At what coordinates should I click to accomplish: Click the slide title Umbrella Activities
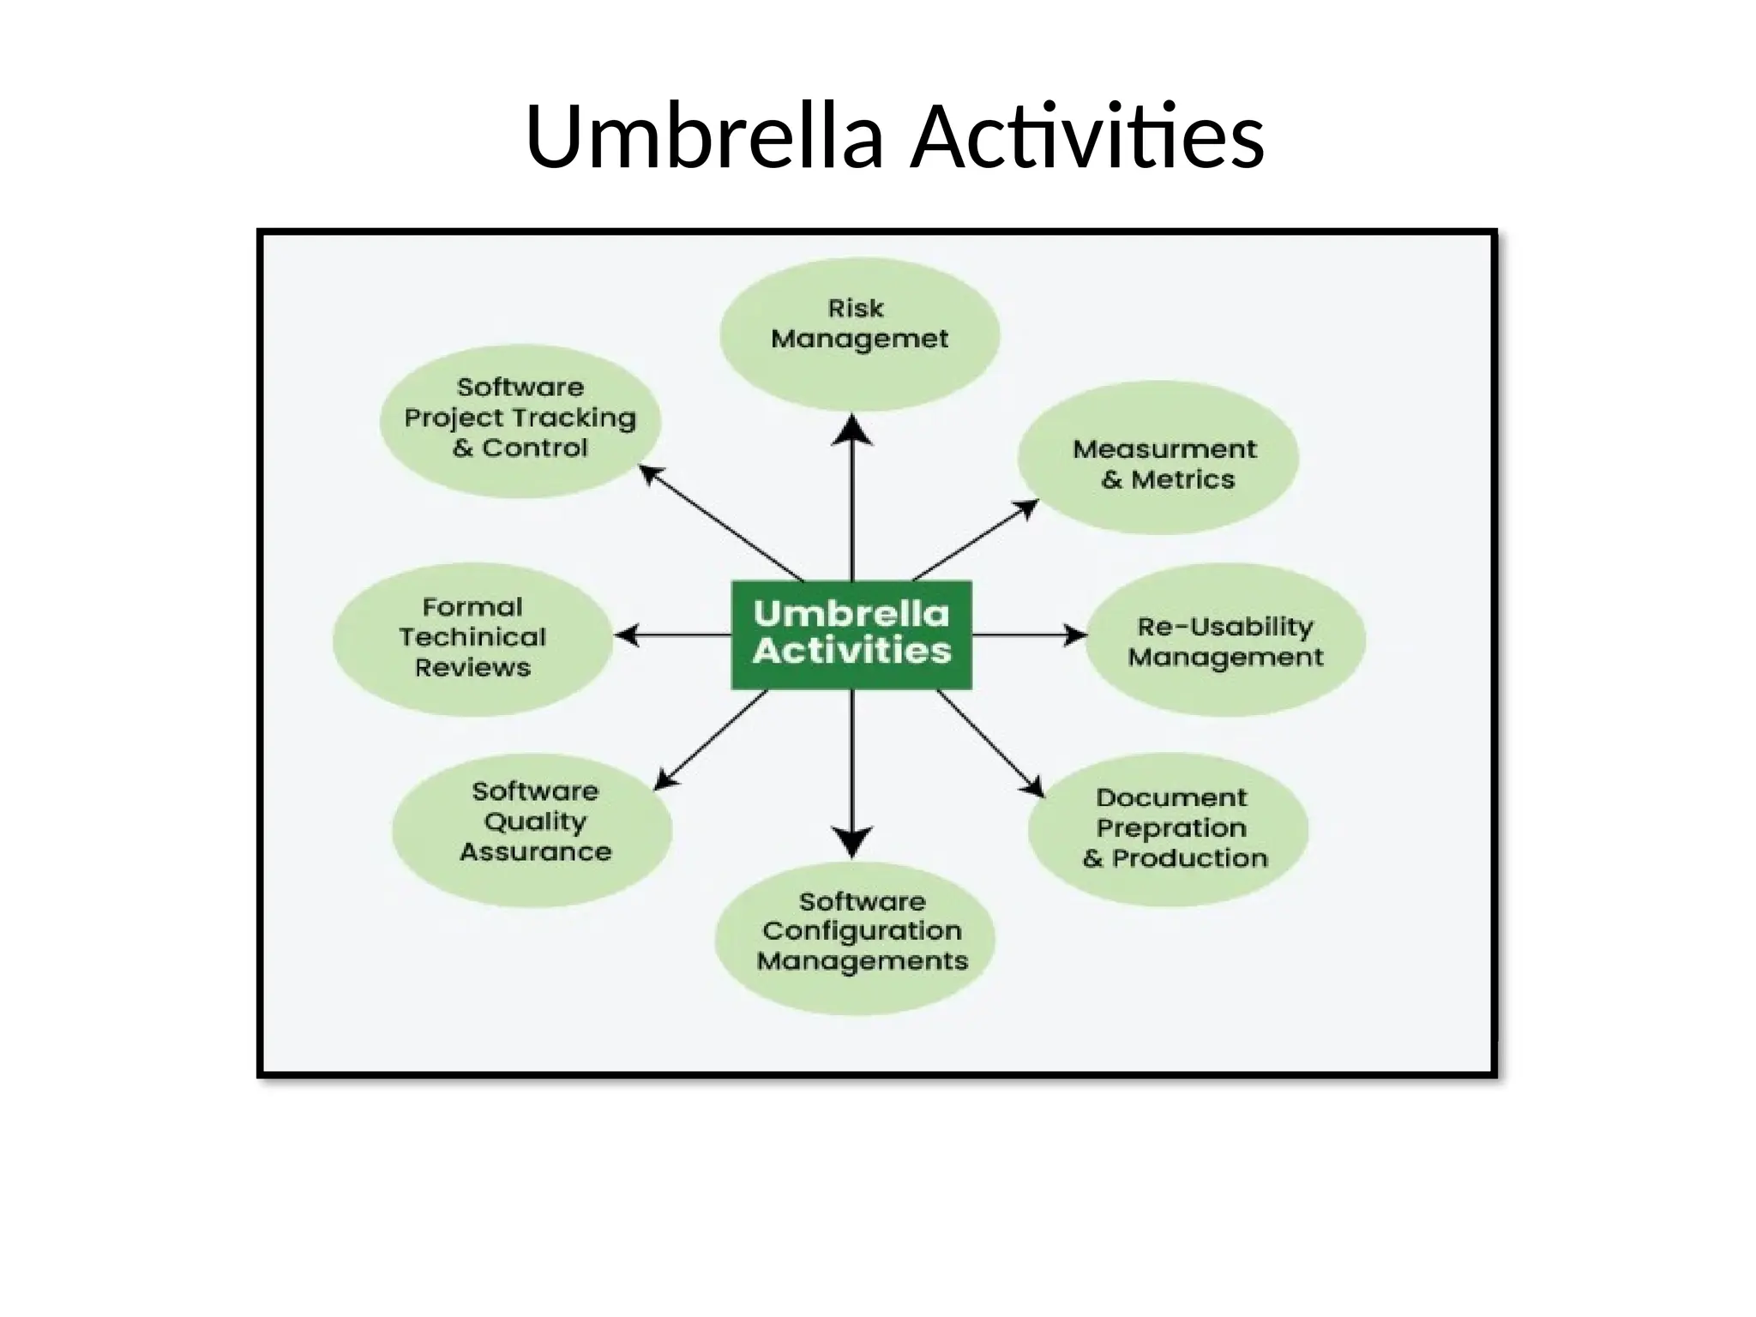[x=894, y=137]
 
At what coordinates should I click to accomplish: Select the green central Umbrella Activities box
[x=851, y=634]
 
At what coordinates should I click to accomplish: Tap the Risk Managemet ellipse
[x=859, y=334]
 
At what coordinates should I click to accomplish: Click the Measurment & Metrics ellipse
[x=1158, y=459]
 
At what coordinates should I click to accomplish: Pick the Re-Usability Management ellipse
[x=1225, y=640]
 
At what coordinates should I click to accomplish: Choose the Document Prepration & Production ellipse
[x=1168, y=829]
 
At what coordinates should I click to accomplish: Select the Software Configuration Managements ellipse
[x=855, y=939]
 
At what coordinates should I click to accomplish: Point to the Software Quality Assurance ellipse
[x=532, y=830]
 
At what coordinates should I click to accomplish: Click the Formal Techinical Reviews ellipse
[x=472, y=639]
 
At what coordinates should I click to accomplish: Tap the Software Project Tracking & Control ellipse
[x=520, y=421]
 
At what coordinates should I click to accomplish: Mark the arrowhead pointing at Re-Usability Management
[x=1074, y=635]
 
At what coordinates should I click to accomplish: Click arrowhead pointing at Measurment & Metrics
[x=1026, y=510]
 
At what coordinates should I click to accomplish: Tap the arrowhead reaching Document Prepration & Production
[x=1034, y=786]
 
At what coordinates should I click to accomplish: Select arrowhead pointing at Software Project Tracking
[x=652, y=474]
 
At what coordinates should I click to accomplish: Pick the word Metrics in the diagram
[x=1183, y=479]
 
